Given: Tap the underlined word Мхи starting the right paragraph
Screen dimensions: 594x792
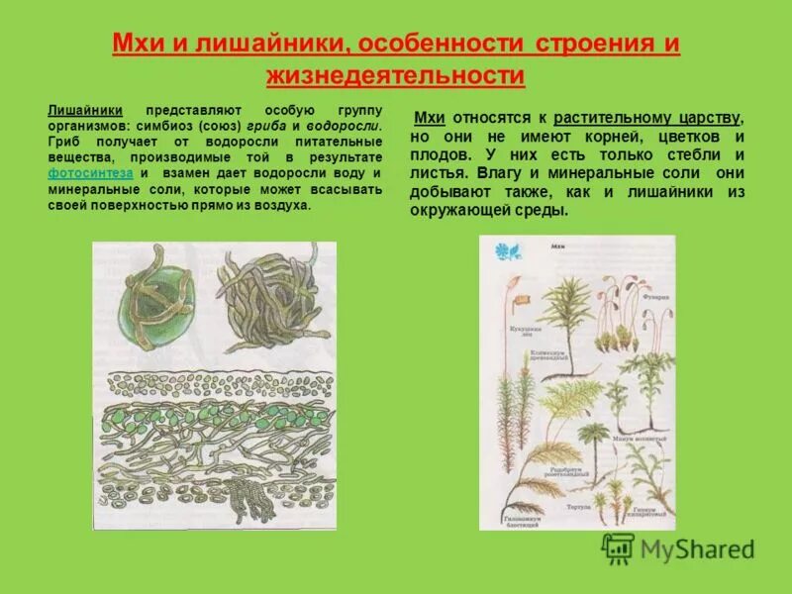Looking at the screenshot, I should tap(429, 117).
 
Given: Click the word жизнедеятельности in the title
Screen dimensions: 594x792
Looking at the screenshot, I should tap(395, 75).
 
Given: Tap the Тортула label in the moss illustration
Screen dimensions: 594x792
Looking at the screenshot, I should tap(579, 506).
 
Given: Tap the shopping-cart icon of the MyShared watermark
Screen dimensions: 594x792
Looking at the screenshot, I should tap(618, 547).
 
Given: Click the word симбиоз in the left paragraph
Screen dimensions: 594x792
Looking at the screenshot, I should tap(165, 127).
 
